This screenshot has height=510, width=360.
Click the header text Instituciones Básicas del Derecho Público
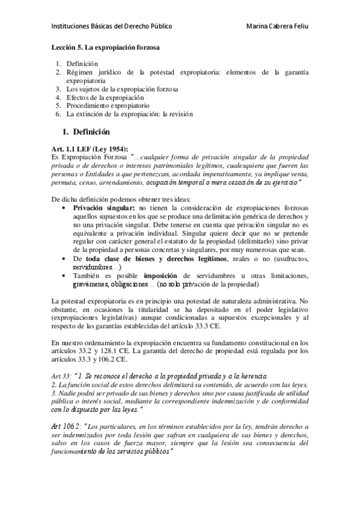point(112,26)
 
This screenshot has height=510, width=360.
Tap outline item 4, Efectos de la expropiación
point(105,96)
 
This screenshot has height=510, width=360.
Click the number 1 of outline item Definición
point(58,63)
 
